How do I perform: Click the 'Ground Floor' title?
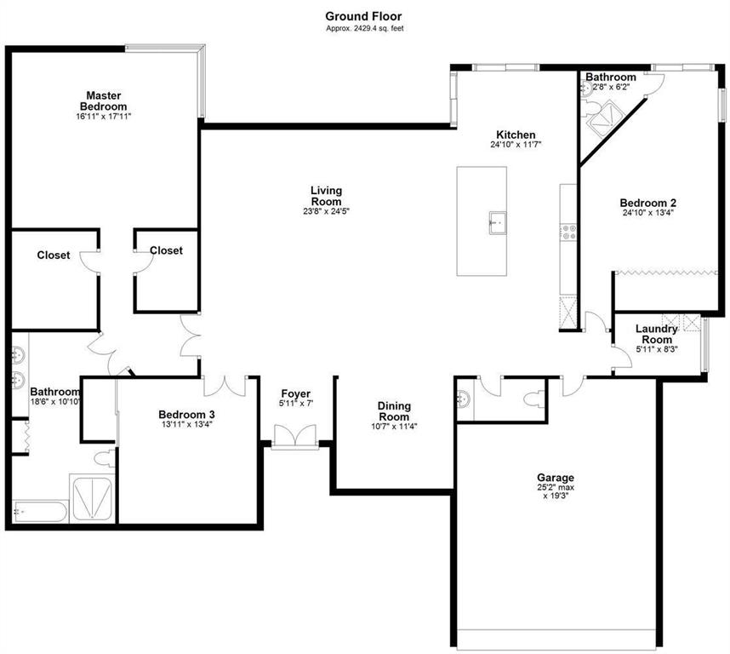point(363,16)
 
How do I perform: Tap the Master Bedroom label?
point(103,100)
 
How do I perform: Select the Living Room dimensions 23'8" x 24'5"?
point(326,211)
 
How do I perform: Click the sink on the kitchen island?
point(497,223)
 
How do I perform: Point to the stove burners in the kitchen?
point(568,232)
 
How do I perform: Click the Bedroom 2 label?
point(648,203)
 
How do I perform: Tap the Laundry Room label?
point(657,334)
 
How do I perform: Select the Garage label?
point(556,478)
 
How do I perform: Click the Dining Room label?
point(394,411)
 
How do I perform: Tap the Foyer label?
point(295,394)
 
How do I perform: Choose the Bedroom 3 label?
point(186,414)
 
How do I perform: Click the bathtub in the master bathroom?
point(40,512)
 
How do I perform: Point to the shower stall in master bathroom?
point(92,498)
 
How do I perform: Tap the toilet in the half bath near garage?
point(533,400)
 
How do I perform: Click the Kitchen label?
point(516,135)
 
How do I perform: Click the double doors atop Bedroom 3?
point(225,386)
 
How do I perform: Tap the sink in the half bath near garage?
point(464,399)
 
